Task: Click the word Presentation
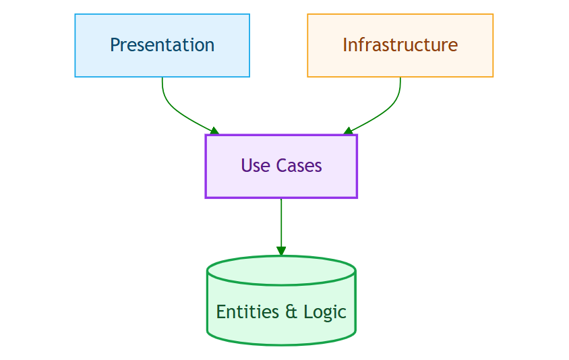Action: (162, 45)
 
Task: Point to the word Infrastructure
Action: (400, 45)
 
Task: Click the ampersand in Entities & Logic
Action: (291, 311)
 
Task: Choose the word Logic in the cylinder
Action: (325, 311)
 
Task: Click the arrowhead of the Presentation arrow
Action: (214, 131)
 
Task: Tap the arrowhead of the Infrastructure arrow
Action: (348, 131)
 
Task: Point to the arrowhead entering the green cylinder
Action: (281, 251)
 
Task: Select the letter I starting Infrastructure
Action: (345, 45)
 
